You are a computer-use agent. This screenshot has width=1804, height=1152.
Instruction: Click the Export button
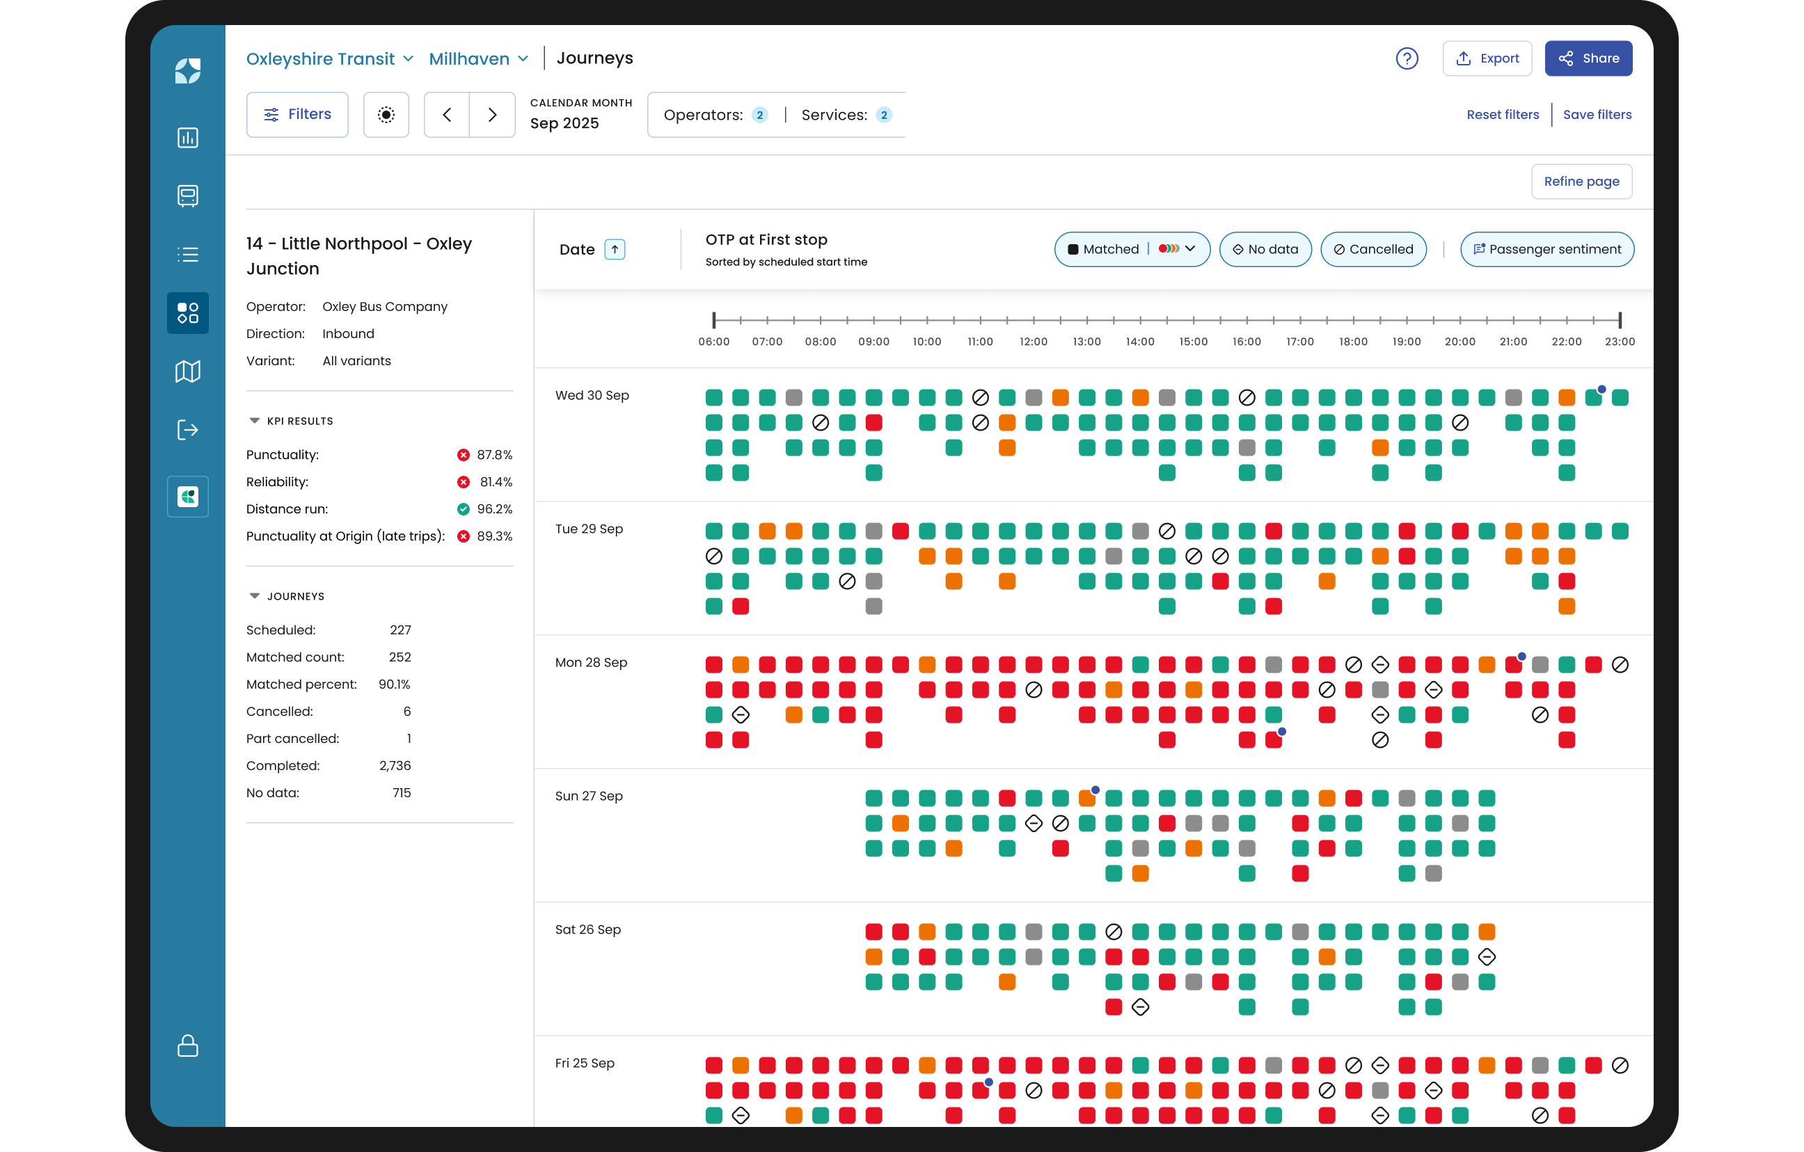(1487, 58)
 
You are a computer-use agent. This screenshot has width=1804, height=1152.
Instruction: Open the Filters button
(297, 115)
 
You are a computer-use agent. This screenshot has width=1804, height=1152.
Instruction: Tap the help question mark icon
(1407, 58)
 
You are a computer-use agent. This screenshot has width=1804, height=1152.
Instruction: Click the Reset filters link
(1502, 115)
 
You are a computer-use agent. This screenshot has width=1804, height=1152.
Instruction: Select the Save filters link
(1597, 115)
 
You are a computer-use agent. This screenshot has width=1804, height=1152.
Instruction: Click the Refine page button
(1581, 182)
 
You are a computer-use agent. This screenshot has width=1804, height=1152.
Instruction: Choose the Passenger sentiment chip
(1547, 250)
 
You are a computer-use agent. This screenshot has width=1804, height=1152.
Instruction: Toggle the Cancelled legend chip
(1373, 250)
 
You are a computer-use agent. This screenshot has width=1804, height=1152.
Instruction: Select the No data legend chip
(1265, 250)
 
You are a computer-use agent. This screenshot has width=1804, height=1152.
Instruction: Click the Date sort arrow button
(615, 250)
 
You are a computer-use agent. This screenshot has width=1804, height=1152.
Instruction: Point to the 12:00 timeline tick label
(1033, 342)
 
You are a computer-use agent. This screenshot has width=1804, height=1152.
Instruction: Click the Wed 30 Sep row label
(592, 396)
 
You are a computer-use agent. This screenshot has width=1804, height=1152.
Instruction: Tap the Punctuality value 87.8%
(494, 455)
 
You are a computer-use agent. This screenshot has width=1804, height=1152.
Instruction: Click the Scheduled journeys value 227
(400, 630)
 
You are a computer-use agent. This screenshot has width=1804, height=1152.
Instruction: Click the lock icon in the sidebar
(187, 1046)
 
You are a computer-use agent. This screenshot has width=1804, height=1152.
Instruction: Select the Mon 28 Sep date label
(591, 663)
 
